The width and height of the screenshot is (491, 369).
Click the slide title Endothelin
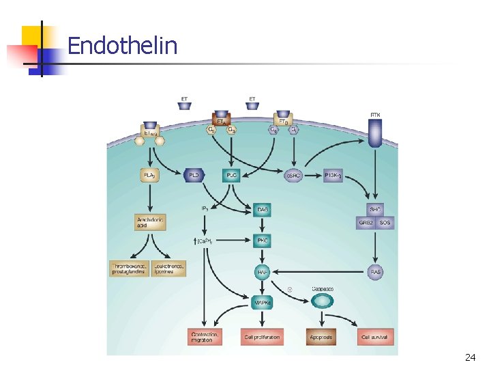tap(122, 46)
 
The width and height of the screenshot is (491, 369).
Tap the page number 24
tap(470, 357)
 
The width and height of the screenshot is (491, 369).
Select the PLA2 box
tap(149, 176)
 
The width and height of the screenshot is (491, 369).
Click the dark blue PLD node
tap(195, 176)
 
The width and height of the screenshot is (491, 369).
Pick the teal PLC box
tap(232, 176)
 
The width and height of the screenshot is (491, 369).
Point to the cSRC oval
tap(294, 176)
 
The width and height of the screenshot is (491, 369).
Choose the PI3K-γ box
tap(333, 176)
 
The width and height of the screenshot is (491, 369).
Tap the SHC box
tap(375, 209)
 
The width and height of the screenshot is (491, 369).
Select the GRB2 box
tap(366, 223)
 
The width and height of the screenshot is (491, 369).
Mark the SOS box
tap(385, 223)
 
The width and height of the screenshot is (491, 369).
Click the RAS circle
tap(376, 271)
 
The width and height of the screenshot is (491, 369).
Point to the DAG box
tap(263, 210)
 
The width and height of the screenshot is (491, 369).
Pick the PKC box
tap(263, 241)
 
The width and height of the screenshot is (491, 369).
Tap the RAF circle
tap(263, 271)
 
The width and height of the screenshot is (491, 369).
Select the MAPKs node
tap(263, 302)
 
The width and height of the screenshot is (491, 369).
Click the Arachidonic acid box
tap(150, 222)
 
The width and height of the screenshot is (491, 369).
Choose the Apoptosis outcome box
tap(322, 337)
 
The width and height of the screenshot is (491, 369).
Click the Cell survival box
tap(376, 337)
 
